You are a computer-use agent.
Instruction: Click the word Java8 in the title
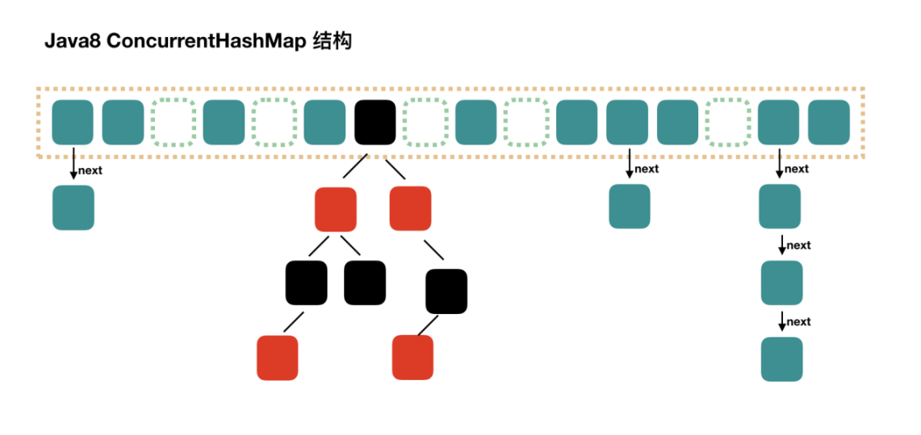(72, 41)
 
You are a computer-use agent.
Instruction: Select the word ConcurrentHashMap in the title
(206, 41)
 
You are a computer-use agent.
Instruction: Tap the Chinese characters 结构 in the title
(332, 41)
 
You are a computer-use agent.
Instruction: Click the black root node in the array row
(375, 122)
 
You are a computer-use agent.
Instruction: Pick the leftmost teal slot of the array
(73, 122)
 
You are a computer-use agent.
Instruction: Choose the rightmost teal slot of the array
(829, 122)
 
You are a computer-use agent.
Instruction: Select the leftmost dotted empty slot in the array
(174, 122)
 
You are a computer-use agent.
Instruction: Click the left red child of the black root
(336, 209)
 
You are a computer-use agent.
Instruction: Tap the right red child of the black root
(410, 207)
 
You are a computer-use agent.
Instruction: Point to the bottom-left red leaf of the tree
(278, 358)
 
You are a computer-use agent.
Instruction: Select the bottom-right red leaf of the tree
(412, 357)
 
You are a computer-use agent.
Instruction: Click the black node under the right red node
(446, 291)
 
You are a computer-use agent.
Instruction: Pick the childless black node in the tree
(365, 282)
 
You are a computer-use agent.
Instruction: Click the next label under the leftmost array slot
(90, 170)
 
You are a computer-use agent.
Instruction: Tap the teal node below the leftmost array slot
(73, 207)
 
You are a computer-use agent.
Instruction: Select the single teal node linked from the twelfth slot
(630, 206)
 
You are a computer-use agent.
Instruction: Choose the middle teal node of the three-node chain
(781, 282)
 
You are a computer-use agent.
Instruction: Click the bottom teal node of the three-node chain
(781, 359)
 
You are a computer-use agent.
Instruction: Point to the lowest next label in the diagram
(798, 321)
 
